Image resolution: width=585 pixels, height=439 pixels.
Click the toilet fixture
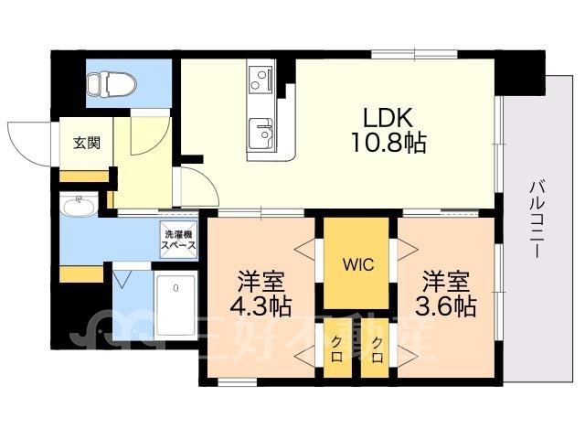click(112, 83)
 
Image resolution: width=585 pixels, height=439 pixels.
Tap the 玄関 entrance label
click(87, 143)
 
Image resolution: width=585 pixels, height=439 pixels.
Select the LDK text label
click(388, 118)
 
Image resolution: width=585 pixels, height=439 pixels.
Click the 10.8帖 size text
click(388, 143)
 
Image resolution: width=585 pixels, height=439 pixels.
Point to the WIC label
click(358, 264)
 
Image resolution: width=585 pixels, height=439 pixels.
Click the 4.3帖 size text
click(261, 306)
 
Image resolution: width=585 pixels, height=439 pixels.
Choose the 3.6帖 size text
click(445, 306)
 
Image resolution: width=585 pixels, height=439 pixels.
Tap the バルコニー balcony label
click(537, 219)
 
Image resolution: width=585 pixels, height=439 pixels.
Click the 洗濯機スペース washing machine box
click(178, 240)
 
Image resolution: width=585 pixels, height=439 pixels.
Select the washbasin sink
click(79, 205)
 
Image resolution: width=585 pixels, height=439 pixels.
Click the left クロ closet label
click(337, 349)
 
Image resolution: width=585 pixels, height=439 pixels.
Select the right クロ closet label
click(378, 349)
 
